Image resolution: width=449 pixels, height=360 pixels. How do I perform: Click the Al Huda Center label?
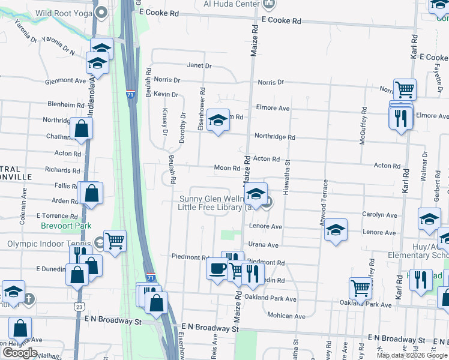(x=232, y=4)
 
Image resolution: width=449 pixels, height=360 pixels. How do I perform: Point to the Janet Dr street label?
(x=199, y=65)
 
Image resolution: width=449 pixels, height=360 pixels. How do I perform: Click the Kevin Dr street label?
(x=166, y=95)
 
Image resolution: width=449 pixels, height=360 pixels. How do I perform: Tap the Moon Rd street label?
(x=228, y=168)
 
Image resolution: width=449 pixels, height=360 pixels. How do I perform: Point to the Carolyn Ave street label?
(x=379, y=215)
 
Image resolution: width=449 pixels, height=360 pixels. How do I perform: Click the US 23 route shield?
(x=79, y=306)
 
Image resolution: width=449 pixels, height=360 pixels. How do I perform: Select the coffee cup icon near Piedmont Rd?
(x=217, y=268)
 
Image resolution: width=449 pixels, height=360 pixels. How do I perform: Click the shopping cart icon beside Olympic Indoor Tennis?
(x=115, y=241)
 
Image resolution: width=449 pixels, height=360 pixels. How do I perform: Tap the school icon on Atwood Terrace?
(x=336, y=230)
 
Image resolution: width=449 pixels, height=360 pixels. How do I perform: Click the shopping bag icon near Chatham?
(x=81, y=128)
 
